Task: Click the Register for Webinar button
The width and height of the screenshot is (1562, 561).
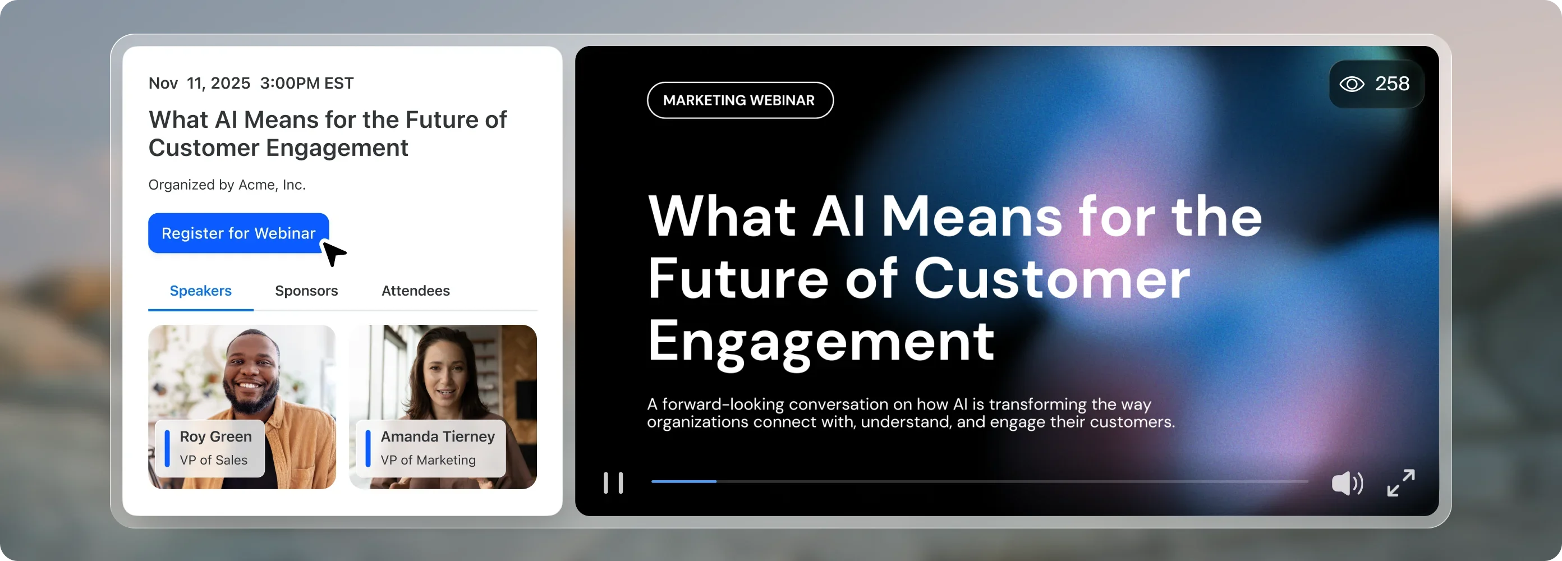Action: tap(238, 233)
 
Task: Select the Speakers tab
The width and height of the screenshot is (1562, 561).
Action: tap(201, 291)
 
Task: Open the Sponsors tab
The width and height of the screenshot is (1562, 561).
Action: tap(306, 291)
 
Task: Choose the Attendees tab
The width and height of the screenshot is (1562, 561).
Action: tap(415, 291)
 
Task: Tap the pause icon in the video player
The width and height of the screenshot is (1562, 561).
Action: tap(613, 483)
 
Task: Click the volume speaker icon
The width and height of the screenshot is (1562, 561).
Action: tap(1347, 484)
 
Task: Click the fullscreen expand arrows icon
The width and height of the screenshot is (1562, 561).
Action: tap(1401, 483)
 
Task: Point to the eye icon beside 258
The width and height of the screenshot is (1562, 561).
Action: tap(1352, 84)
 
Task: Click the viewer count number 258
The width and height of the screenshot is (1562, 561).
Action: tap(1392, 84)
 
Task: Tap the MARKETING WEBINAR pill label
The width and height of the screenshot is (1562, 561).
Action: tap(740, 100)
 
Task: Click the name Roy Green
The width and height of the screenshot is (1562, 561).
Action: tap(216, 436)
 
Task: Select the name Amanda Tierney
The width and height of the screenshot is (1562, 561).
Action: tap(438, 436)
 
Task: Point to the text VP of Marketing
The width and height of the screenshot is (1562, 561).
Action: tap(428, 461)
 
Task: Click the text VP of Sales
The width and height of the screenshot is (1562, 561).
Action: tap(213, 461)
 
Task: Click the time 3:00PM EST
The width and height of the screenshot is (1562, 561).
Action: tap(307, 83)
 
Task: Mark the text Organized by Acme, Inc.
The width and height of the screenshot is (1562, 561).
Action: tap(227, 185)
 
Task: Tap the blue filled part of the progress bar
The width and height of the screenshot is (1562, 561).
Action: tap(684, 481)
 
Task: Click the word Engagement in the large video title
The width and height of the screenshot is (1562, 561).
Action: tap(820, 343)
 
